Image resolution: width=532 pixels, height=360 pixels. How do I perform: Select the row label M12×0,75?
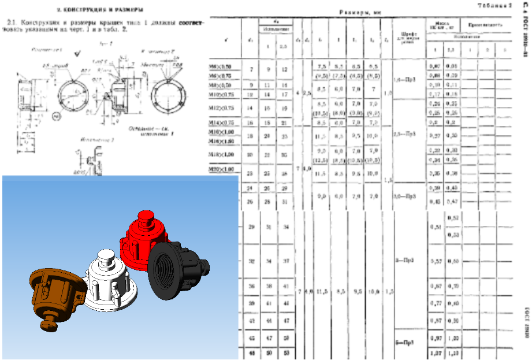[x=222, y=107]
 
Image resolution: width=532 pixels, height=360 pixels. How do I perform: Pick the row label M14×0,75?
[x=222, y=123]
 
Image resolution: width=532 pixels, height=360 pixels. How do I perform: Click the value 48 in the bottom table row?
[x=251, y=352]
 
